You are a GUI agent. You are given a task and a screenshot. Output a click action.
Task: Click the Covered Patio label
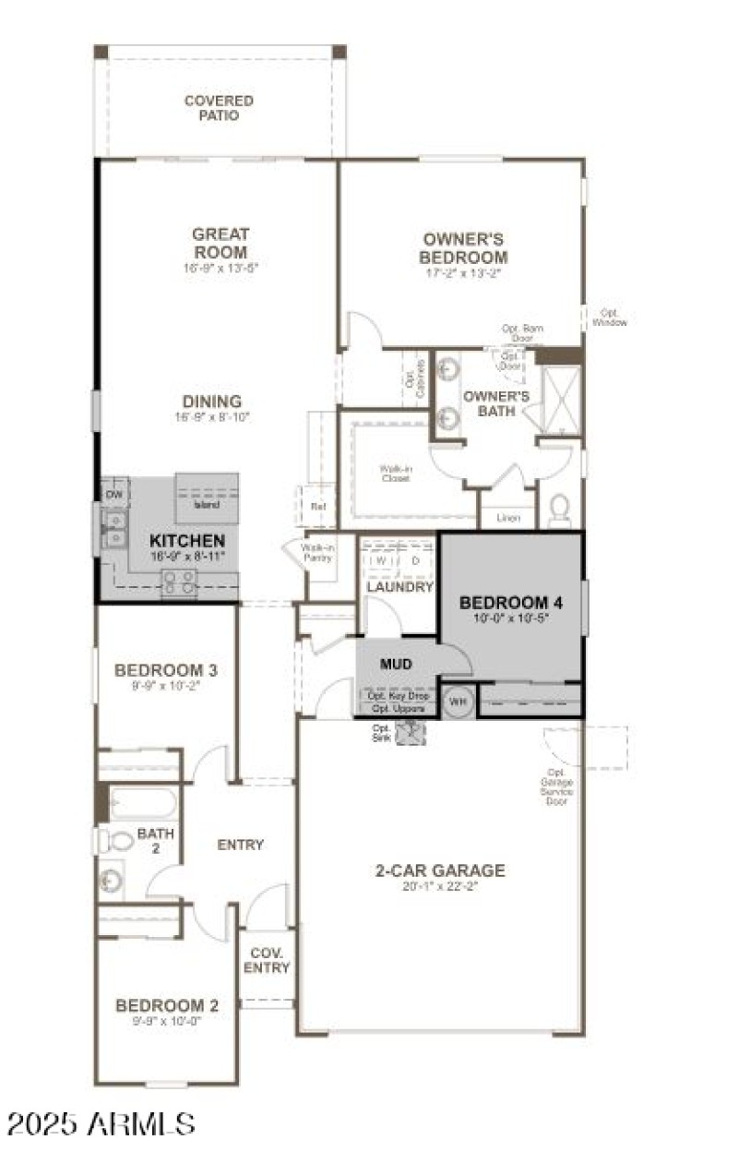(x=219, y=108)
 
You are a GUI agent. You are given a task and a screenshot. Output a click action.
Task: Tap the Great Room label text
(x=220, y=244)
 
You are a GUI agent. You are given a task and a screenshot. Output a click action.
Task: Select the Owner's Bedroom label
(x=463, y=248)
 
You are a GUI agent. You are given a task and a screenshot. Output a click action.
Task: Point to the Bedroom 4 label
(x=511, y=603)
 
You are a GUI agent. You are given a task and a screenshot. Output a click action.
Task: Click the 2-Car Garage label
(x=440, y=870)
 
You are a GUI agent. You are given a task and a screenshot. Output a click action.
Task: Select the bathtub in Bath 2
(x=142, y=802)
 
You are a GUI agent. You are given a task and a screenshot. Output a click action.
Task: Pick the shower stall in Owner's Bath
(x=561, y=399)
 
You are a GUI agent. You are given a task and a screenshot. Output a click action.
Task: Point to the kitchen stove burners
(x=179, y=581)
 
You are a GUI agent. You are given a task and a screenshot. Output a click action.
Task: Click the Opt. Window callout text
(x=610, y=317)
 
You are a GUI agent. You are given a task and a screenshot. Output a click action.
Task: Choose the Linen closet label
(x=507, y=518)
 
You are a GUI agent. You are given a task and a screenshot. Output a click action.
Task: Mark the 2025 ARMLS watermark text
(x=101, y=1123)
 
